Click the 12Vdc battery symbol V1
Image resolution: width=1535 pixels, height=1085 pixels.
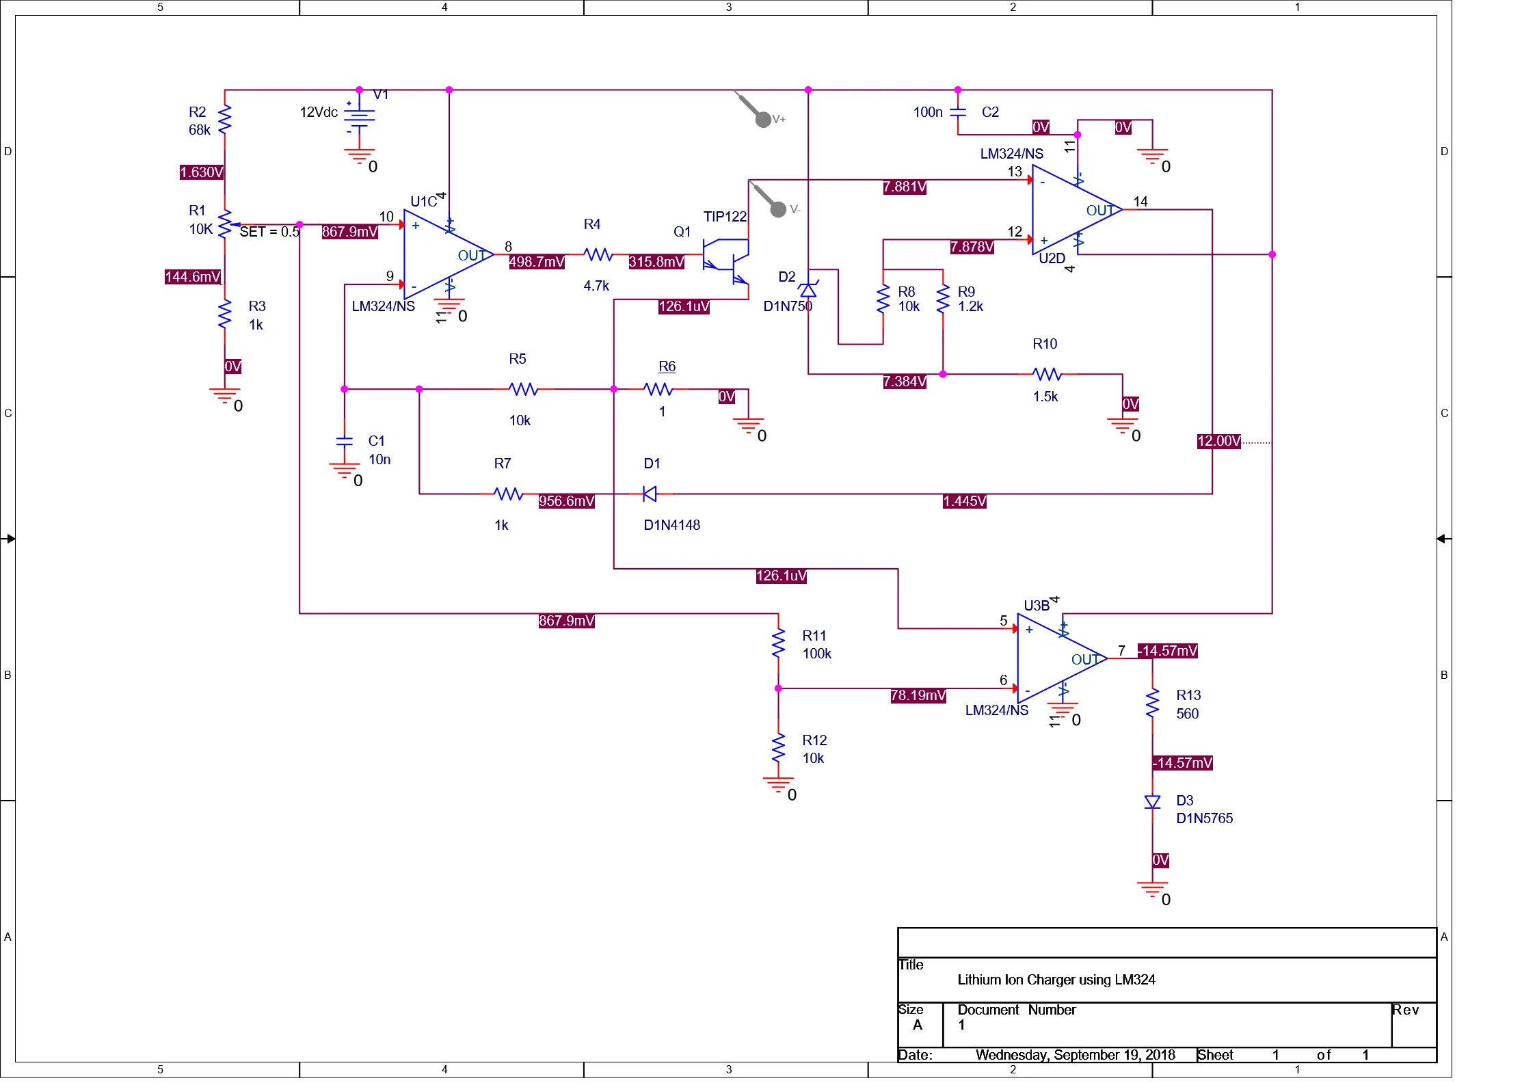[x=359, y=118]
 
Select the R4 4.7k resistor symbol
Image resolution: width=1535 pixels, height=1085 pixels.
[x=598, y=254]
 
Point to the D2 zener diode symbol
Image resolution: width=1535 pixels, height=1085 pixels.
[x=808, y=290]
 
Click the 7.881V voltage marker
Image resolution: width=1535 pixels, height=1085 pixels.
[x=904, y=187]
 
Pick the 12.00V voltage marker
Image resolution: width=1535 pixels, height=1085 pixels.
[x=1218, y=441]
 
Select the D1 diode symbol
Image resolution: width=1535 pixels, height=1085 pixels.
[x=650, y=494]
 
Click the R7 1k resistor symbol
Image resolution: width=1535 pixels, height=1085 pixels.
[x=508, y=494]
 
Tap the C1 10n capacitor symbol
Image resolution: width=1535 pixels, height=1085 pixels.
[x=345, y=441]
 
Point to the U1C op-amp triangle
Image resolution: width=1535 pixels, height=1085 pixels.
[x=444, y=254]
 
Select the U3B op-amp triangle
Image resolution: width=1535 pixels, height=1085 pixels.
[x=1058, y=658]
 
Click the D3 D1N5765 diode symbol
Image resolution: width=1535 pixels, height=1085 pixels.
[x=1152, y=802]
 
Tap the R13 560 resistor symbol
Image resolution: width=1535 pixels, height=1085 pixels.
[x=1152, y=703]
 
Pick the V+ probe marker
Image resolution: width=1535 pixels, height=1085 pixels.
[x=762, y=119]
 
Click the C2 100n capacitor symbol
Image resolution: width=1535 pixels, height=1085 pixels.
[x=958, y=112]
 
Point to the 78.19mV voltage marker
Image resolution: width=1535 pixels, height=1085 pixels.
[x=918, y=695]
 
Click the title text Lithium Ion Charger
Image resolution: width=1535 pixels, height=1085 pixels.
[x=1056, y=980]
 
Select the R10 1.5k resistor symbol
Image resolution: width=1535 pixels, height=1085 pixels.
[x=1047, y=374]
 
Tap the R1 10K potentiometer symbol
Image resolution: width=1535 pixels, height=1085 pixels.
[x=225, y=224]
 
